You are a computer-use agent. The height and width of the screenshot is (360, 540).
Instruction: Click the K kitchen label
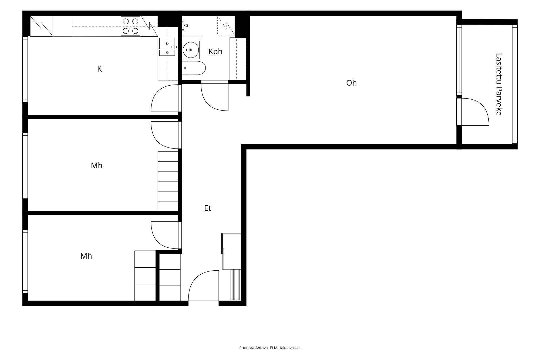[x=99, y=69]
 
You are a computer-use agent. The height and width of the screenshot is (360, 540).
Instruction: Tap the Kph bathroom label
[x=215, y=52]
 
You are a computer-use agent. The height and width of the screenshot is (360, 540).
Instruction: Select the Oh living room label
[x=351, y=83]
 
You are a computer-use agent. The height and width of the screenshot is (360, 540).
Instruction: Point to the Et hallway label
[x=207, y=208]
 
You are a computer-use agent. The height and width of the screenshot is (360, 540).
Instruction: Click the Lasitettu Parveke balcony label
[x=499, y=84]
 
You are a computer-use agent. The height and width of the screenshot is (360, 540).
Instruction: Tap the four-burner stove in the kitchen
[x=131, y=26]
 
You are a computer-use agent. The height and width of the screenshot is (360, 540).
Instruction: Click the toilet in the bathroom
[x=194, y=68]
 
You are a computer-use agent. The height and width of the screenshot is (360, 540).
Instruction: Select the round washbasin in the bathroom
[x=191, y=50]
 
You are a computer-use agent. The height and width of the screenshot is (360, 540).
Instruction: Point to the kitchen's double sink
[x=167, y=47]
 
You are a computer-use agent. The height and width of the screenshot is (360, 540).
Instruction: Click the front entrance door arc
[x=195, y=278]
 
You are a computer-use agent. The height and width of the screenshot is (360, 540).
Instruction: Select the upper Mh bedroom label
[x=96, y=166]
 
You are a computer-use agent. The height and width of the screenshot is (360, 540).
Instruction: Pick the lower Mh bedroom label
[x=86, y=256]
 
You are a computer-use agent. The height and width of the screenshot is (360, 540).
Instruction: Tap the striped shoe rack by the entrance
[x=236, y=285]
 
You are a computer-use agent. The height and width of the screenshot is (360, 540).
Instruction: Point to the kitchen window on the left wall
[x=25, y=69]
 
